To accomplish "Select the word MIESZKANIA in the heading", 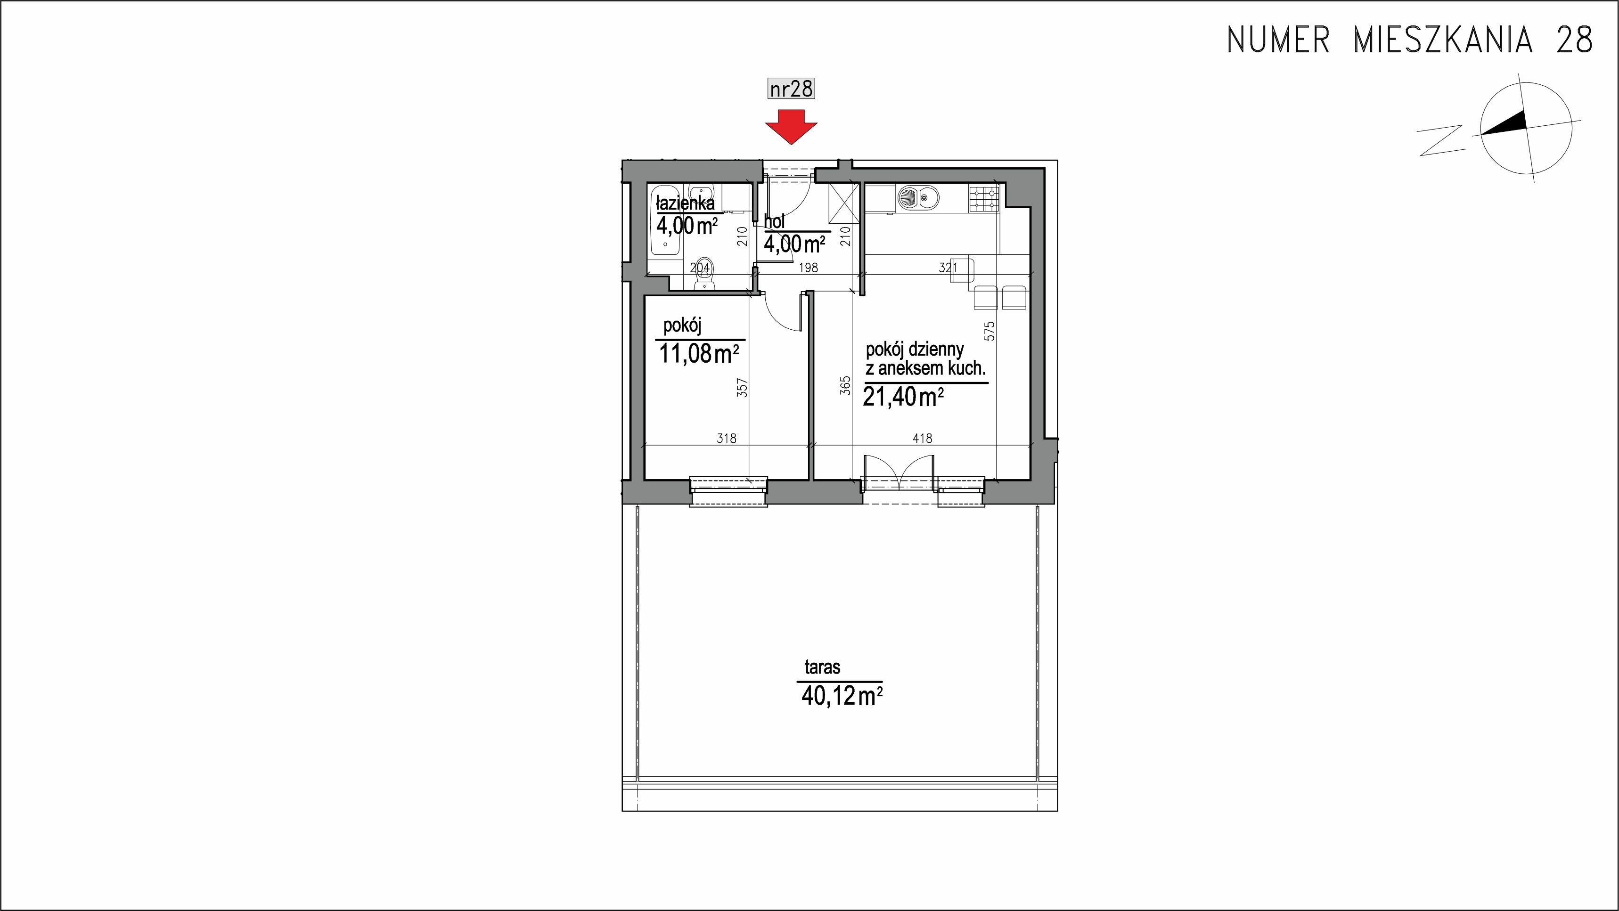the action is [x=1442, y=40].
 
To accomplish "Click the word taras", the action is [x=822, y=667].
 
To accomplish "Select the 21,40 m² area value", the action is [x=904, y=397].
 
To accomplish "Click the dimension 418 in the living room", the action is [x=922, y=438].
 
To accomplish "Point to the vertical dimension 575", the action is [x=990, y=331].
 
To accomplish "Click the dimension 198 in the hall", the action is [x=808, y=267].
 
